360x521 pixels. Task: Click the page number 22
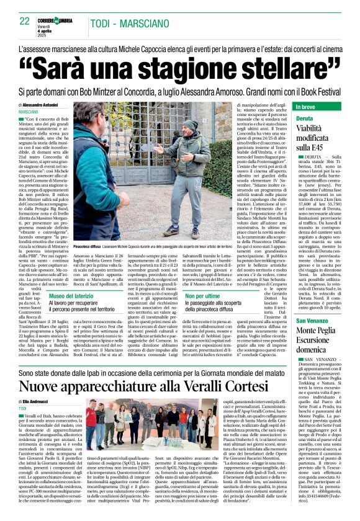25,22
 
